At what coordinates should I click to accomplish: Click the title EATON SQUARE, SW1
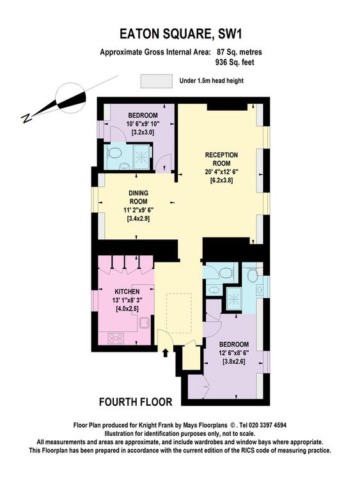180,34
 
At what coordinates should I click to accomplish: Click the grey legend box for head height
156,81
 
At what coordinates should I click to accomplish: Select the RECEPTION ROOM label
222,159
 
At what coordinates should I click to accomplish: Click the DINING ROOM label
138,198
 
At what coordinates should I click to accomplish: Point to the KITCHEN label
127,291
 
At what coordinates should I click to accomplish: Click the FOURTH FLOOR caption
136,402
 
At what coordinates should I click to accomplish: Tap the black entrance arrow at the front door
166,353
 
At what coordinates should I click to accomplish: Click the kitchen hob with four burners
116,338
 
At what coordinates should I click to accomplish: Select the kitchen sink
145,323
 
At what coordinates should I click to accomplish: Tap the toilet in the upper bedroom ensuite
114,153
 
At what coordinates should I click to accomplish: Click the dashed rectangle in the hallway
179,312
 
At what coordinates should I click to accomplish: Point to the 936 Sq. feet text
235,62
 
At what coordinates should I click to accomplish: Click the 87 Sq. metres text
240,52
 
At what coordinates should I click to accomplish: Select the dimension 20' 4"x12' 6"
222,172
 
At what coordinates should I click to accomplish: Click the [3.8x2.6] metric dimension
234,361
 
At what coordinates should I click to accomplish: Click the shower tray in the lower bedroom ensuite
234,298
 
